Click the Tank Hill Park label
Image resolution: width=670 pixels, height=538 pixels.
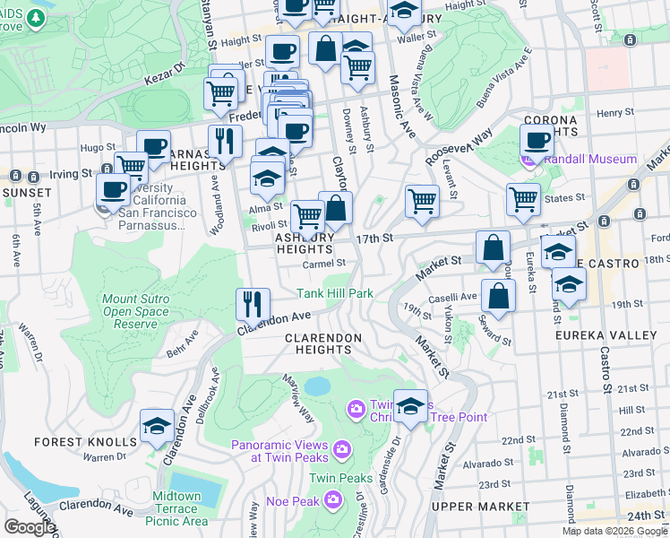coord(335,293)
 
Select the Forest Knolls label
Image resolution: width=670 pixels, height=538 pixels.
coord(86,442)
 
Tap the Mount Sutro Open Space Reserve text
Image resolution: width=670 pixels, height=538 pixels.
coord(142,311)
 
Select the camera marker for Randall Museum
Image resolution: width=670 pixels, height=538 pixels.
coord(528,161)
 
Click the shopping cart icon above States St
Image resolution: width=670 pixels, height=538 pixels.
coord(523,199)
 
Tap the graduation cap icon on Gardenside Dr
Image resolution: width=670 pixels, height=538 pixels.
coord(410,405)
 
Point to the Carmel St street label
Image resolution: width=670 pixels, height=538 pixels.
coord(323,264)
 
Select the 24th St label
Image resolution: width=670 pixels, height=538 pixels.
coord(640,516)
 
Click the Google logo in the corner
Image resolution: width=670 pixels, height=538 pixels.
coord(30,527)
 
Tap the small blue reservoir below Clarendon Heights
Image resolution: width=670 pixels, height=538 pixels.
coord(316,386)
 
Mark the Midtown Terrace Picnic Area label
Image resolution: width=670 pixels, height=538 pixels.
coord(176,508)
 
